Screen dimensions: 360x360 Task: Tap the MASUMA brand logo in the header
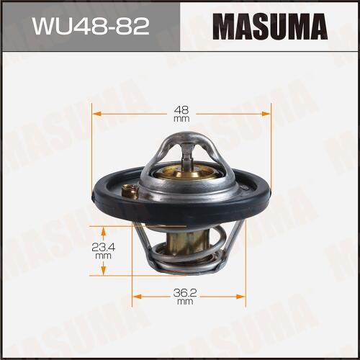[x=270, y=27]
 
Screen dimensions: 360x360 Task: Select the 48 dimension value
[x=181, y=110]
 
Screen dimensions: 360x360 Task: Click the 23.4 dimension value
[x=104, y=247]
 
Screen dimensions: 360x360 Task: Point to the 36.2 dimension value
[x=185, y=292]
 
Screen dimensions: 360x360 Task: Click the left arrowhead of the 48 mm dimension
[x=96, y=114]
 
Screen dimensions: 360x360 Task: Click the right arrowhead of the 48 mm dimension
[x=266, y=114]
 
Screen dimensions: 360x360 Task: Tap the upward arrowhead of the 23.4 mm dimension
[x=104, y=231]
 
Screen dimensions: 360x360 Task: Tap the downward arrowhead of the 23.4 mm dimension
[x=104, y=271]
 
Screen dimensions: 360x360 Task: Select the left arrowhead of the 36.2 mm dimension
[x=137, y=297]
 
